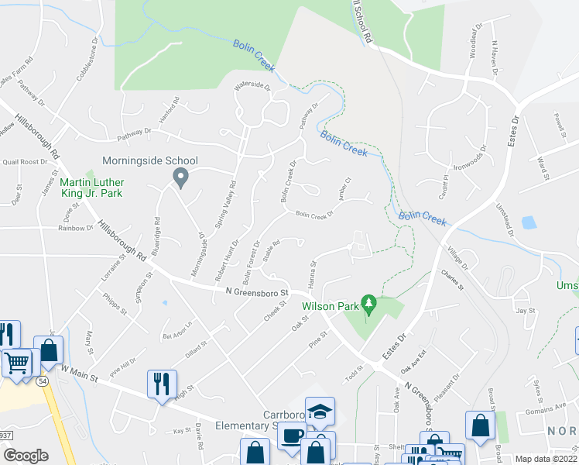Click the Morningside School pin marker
(x=180, y=179)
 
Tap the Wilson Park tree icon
(x=369, y=305)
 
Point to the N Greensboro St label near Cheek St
(x=256, y=293)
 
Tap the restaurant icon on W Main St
(x=163, y=385)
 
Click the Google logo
(x=26, y=456)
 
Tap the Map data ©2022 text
(x=545, y=459)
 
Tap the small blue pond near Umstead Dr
(x=529, y=222)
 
